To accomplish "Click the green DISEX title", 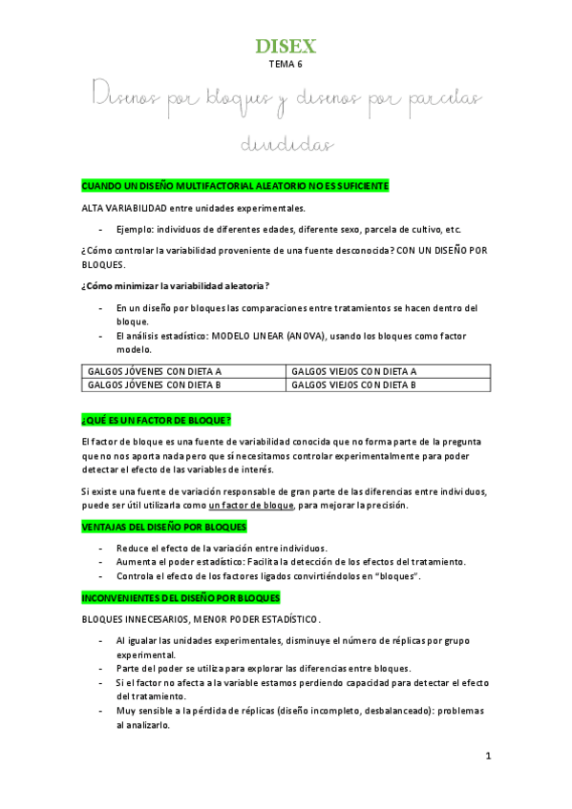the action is (x=286, y=46).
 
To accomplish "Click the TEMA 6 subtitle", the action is (x=286, y=65).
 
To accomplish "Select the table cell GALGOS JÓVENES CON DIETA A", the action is (x=155, y=371).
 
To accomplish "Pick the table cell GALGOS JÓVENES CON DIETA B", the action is (x=155, y=385).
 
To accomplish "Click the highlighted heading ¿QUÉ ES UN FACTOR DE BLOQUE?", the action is (x=157, y=420).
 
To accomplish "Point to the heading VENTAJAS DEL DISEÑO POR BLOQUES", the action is (x=164, y=527).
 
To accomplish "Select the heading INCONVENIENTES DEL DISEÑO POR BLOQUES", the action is (x=180, y=598).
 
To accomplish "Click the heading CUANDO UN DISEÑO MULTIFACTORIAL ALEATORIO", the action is (x=235, y=185).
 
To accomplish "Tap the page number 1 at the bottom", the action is (x=487, y=757).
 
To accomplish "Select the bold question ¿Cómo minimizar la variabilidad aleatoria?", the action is (x=175, y=286).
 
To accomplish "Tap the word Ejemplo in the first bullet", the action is (x=136, y=230).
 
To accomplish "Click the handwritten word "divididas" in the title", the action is (x=286, y=145).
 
